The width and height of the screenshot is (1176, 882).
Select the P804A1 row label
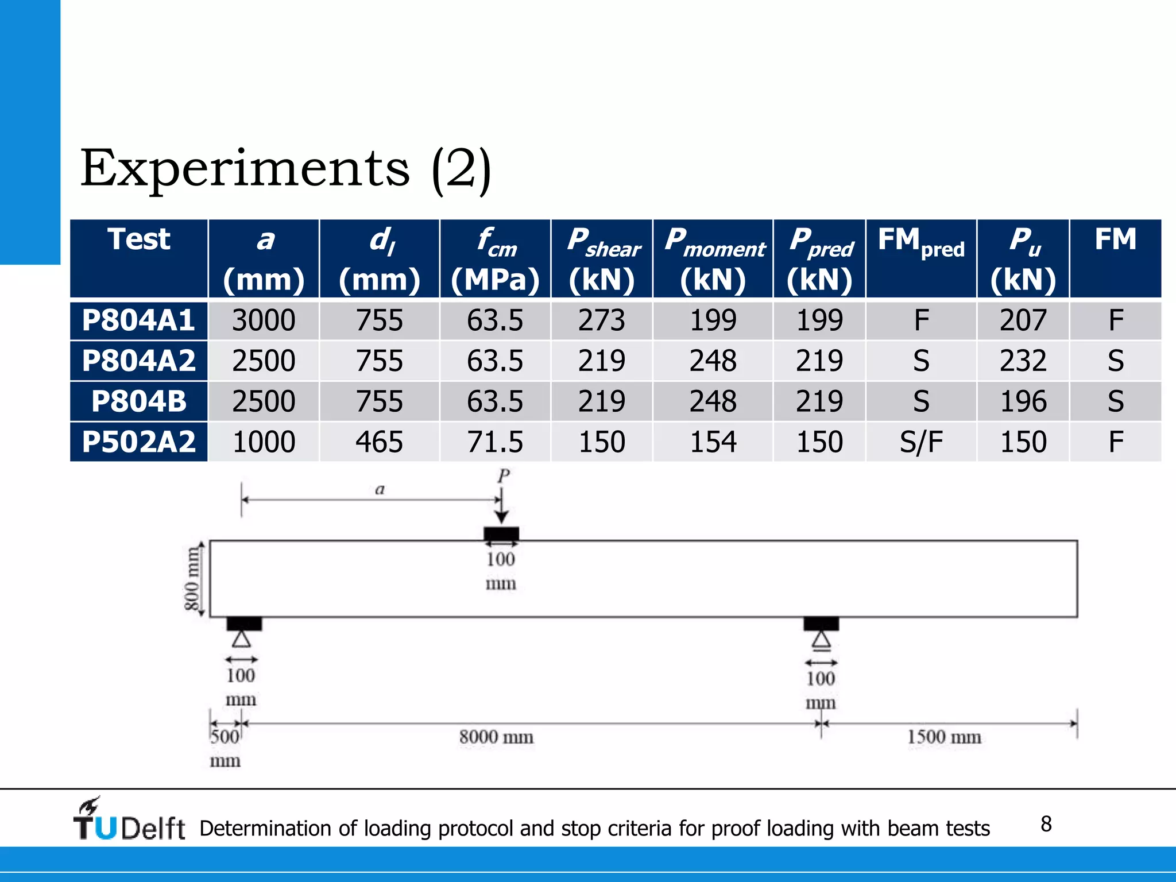pos(138,320)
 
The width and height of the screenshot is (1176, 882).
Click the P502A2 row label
pos(138,442)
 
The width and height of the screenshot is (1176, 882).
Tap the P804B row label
pos(138,401)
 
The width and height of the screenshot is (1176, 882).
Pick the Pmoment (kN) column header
pos(713,259)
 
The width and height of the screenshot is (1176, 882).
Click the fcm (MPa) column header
pos(495,259)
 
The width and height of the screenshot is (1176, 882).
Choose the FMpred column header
pos(920,241)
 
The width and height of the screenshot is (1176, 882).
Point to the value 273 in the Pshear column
pos(601,320)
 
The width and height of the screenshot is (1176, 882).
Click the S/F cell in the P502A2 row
pos(920,442)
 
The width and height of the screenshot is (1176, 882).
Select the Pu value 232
pos(1023,361)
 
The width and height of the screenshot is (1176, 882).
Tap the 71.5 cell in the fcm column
pos(495,442)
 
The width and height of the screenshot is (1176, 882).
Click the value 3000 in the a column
pos(264,320)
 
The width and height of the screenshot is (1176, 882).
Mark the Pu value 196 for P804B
pos(1023,401)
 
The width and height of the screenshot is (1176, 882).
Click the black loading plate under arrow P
pos(501,534)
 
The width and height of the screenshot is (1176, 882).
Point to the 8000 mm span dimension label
pos(496,737)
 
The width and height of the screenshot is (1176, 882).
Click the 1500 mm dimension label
pos(944,737)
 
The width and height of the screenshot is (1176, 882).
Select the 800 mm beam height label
pos(192,578)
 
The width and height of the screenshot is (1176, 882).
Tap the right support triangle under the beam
pos(821,640)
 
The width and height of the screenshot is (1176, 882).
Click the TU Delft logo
pos(129,820)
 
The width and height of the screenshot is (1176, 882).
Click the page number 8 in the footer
pos(1046,824)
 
